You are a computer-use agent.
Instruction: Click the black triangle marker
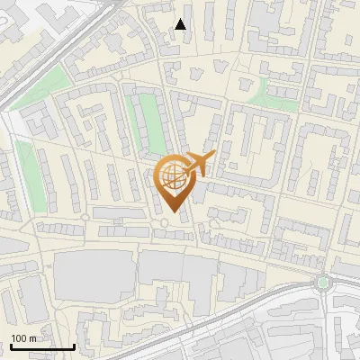coord(181,24)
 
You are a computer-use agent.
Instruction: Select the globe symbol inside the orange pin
coord(171,175)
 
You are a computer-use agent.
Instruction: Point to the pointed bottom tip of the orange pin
coord(171,212)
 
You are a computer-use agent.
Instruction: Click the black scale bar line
coord(42,346)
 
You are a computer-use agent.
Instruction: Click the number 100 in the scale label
coord(19,338)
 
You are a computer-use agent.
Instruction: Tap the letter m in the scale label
coord(32,338)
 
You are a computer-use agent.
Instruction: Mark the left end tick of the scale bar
coord(11,345)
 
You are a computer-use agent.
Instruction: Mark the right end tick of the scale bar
coord(74,345)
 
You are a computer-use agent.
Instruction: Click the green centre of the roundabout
coord(323,283)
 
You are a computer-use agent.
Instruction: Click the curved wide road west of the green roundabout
coord(270,292)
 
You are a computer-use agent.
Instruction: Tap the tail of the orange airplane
coord(211,157)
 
